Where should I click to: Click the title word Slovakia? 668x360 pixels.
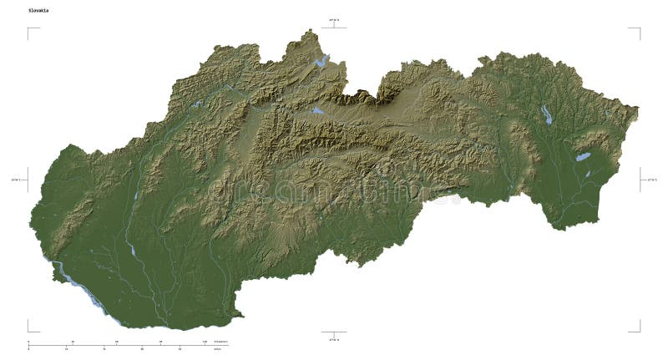(x=38, y=11)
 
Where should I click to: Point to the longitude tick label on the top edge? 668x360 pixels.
(x=334, y=19)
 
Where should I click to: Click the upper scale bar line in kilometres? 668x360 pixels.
(x=117, y=343)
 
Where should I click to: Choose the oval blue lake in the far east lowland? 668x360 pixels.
(x=583, y=156)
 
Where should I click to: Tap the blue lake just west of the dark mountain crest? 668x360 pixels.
(x=317, y=109)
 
